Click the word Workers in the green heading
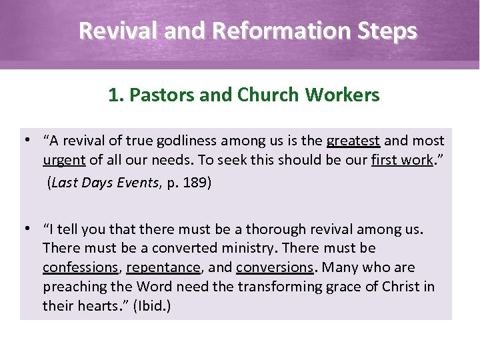343,95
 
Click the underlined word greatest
353,141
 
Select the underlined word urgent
63,160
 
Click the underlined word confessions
80,267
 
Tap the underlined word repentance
163,267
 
